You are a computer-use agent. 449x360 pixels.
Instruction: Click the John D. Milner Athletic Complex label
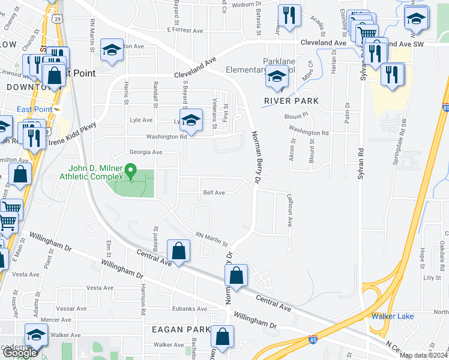95,172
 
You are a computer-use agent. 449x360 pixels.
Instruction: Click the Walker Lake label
393,316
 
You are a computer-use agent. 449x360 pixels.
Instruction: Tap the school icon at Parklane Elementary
276,77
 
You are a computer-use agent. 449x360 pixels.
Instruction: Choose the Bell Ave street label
214,193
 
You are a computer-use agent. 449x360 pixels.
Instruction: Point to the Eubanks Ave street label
189,309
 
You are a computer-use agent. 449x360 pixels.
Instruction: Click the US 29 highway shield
56,19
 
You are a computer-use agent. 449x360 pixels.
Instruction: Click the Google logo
20,353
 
